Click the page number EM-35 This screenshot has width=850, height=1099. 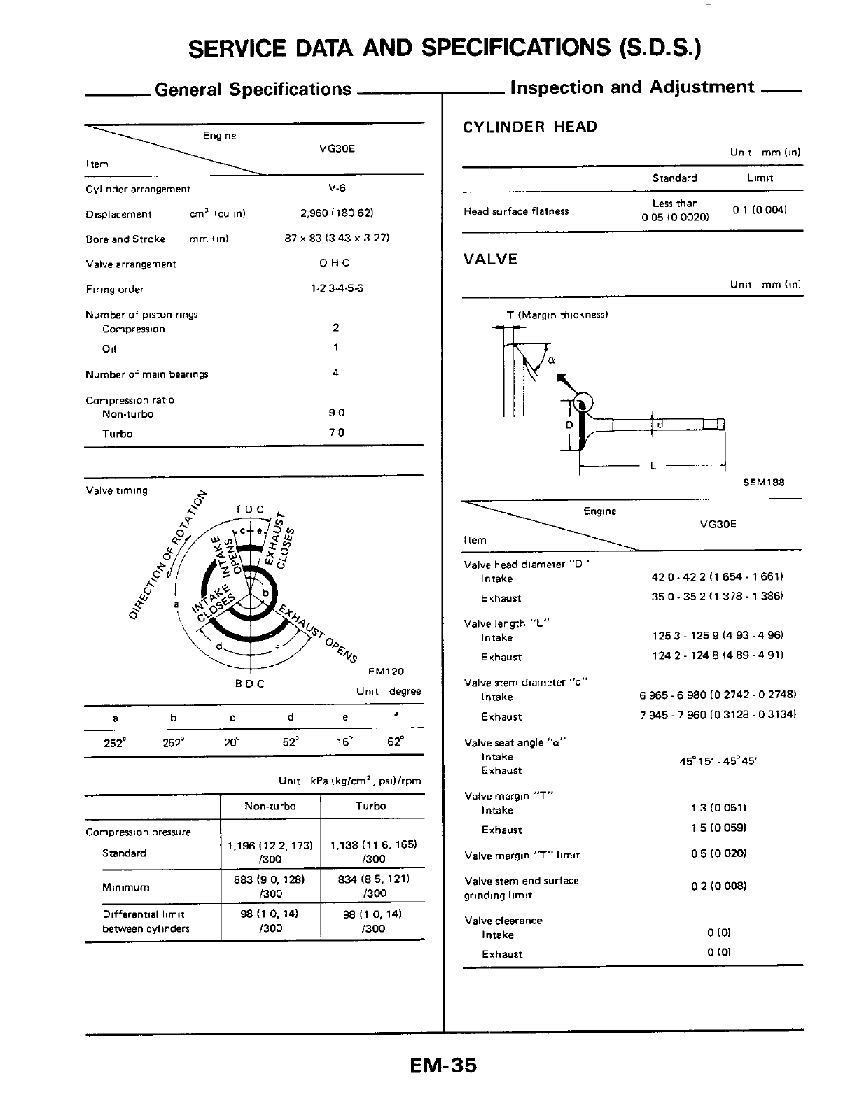point(443,1065)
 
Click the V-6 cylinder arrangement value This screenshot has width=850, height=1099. point(337,188)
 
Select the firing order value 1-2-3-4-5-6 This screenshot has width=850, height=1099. point(337,288)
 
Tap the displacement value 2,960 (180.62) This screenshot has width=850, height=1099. point(337,213)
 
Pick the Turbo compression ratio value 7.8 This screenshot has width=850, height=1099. point(337,432)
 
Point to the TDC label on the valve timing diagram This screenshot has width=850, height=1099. point(249,509)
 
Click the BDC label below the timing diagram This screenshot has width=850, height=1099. point(249,683)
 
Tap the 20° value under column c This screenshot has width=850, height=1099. point(232,742)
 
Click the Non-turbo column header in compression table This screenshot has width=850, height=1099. point(270,807)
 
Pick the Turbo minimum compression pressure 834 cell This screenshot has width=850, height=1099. point(373,886)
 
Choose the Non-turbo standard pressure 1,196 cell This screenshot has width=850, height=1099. point(270,851)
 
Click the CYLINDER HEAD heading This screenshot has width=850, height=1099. point(530,127)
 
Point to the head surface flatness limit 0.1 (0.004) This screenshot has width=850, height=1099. point(760,210)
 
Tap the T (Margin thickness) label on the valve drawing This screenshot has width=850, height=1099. point(557,315)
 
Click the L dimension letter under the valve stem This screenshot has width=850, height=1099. point(653,465)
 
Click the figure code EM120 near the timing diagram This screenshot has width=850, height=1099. point(386,672)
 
